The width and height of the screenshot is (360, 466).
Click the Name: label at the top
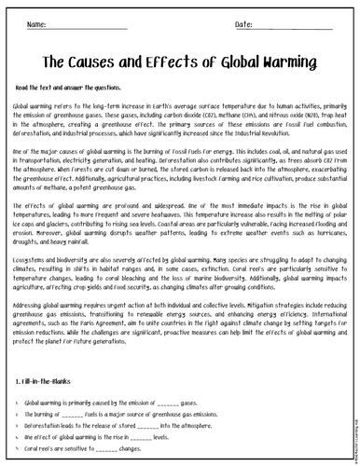tap(37, 22)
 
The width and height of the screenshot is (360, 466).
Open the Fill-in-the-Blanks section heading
tap(48, 381)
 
